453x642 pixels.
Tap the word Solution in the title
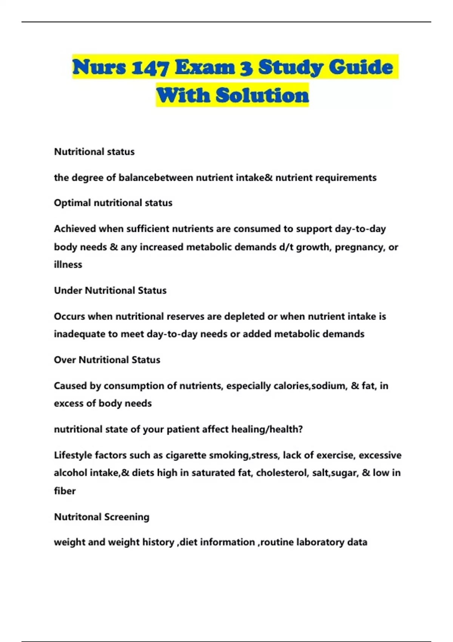pyautogui.click(x=262, y=95)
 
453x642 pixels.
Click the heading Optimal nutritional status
pyautogui.click(x=113, y=203)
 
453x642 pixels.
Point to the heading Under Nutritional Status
pyautogui.click(x=110, y=290)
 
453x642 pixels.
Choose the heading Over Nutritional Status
pyautogui.click(x=107, y=360)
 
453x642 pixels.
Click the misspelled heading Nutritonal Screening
pyautogui.click(x=102, y=517)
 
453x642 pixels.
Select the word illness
pyautogui.click(x=68, y=265)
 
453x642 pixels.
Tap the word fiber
pyautogui.click(x=65, y=491)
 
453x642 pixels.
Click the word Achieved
pyautogui.click(x=75, y=229)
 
